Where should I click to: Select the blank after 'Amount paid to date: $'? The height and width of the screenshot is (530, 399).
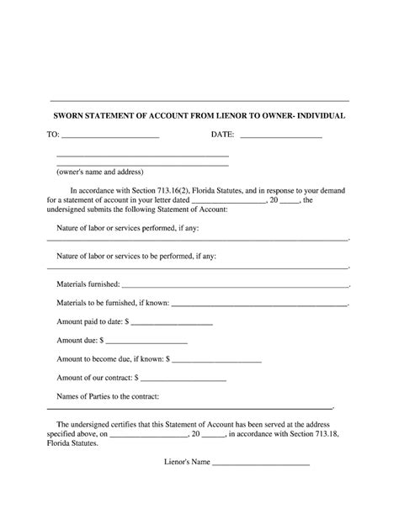pyautogui.click(x=173, y=323)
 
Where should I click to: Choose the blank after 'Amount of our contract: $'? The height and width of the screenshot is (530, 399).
pyautogui.click(x=184, y=379)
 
